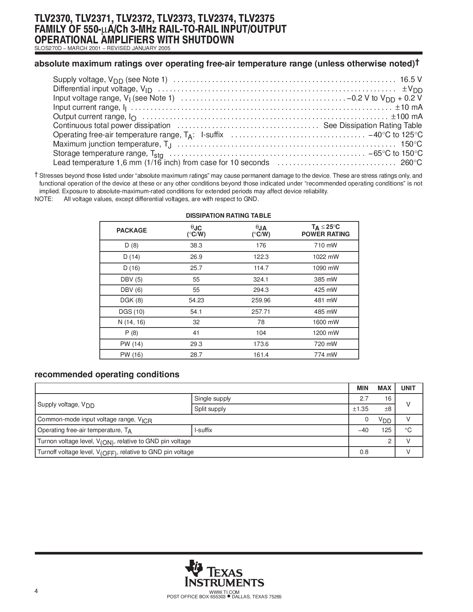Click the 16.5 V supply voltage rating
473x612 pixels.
pos(411,79)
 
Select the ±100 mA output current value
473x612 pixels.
pos(407,116)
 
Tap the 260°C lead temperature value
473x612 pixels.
pos(411,162)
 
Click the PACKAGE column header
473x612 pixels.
pos(132,230)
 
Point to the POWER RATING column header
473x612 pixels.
pos(325,234)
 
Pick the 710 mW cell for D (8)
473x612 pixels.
pos(325,246)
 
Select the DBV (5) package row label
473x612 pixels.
pos(131,279)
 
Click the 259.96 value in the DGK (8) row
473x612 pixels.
pos(261,300)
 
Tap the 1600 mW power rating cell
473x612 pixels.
pos(325,322)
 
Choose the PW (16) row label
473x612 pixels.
pos(131,355)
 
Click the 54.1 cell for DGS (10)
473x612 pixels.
pos(196,312)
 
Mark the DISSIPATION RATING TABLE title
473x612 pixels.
pos(228,215)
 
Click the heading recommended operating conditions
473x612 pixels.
pos(107,375)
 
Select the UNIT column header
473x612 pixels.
pos(408,388)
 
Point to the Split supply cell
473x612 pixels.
pos(210,409)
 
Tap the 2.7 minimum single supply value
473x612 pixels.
pos(364,399)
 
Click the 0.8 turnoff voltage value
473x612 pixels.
pos(364,452)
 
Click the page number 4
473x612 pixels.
pos(36,591)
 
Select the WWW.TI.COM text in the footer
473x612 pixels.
pos(224,592)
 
